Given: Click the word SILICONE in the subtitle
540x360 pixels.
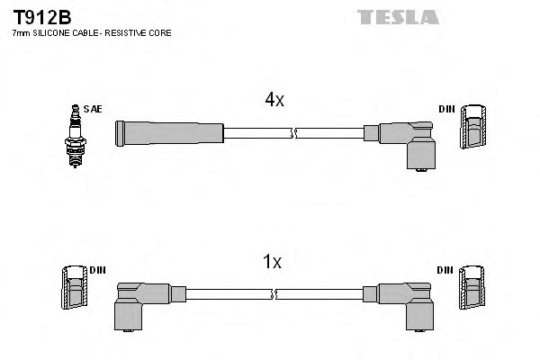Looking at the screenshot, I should (x=55, y=32).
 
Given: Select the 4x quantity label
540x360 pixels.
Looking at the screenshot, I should (x=274, y=101).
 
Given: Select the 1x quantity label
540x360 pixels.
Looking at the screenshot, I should (x=272, y=262).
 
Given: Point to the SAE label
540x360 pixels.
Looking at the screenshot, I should (x=92, y=109).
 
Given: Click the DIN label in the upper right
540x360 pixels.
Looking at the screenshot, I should (x=446, y=109).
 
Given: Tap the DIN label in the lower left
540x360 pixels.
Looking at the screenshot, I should (x=97, y=270).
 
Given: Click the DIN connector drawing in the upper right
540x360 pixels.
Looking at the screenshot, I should (x=474, y=131).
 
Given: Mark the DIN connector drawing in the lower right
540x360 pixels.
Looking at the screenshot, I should (x=474, y=292).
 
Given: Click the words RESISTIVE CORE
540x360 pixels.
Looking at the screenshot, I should (x=141, y=32).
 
